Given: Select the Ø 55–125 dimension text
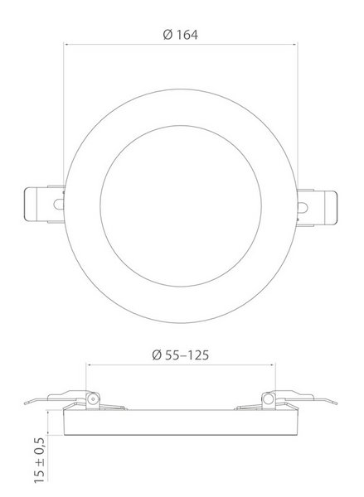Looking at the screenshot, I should (180, 355).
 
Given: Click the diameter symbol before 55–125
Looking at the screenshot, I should (157, 355).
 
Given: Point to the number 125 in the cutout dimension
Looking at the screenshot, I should (197, 355).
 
